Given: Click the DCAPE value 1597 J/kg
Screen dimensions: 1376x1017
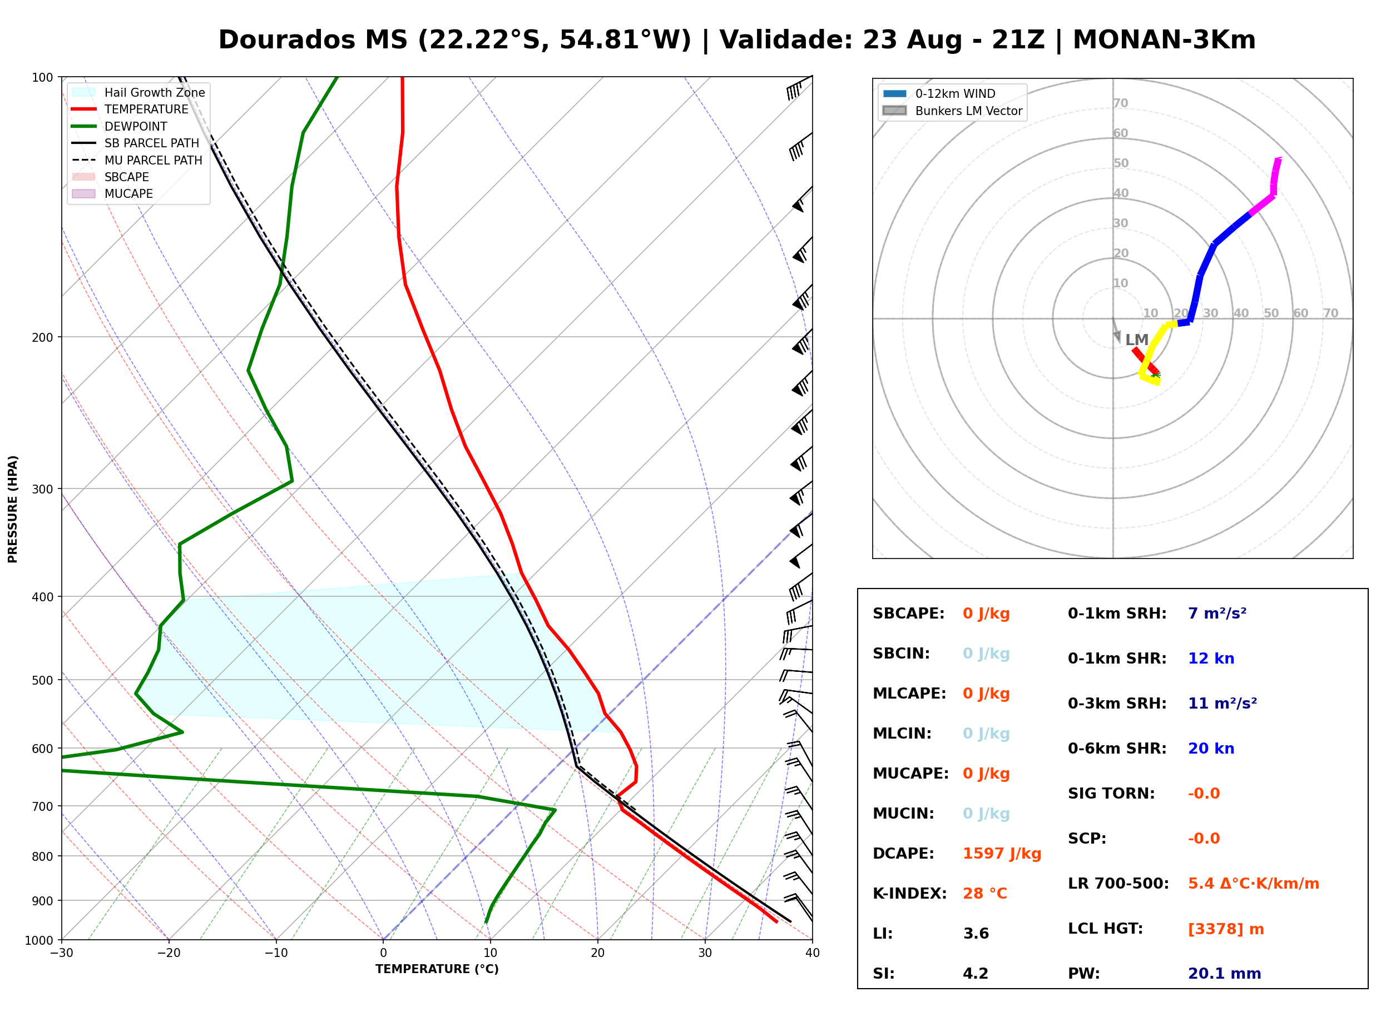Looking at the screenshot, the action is (x=1002, y=854).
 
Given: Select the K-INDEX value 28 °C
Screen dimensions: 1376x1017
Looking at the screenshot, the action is (x=985, y=894).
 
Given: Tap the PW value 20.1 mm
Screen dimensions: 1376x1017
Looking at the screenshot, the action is (x=1225, y=974).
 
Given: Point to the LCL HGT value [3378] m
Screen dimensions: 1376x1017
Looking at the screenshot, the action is (x=1226, y=929).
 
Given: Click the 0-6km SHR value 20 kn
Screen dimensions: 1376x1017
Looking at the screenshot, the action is (x=1211, y=749).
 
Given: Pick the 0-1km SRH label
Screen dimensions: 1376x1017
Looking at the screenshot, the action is (x=1117, y=614).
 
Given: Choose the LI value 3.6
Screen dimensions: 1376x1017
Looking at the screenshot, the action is (x=976, y=934).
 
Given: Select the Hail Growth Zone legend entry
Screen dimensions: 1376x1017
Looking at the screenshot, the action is (x=138, y=92).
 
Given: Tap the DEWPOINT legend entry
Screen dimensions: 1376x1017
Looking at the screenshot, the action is (x=120, y=126).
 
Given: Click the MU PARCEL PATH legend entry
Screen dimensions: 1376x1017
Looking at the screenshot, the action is (x=137, y=160).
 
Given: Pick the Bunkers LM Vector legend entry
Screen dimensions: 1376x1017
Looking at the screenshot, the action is (x=952, y=111).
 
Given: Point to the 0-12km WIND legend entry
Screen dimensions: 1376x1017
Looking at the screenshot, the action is (x=939, y=93).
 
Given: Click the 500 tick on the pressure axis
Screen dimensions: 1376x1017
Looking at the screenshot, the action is (x=42, y=680).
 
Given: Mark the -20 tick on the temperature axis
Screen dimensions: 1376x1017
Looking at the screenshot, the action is (x=168, y=953).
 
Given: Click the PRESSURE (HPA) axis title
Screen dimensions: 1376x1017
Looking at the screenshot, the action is (x=13, y=509).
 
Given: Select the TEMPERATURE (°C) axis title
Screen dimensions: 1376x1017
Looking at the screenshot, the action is (x=437, y=969).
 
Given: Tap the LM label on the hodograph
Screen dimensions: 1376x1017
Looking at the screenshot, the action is (x=1136, y=340).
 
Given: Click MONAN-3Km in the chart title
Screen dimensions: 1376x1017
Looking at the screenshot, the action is (x=1164, y=40).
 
